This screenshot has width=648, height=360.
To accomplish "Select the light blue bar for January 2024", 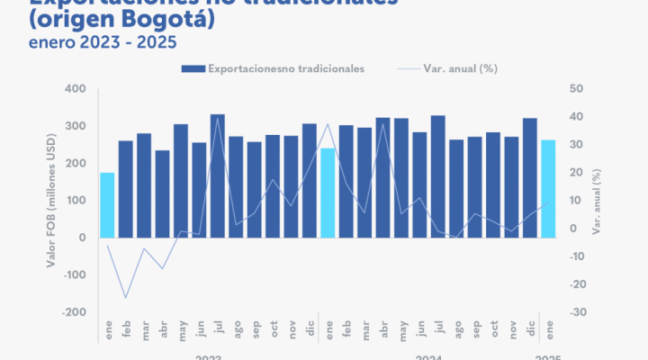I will coord(328,193).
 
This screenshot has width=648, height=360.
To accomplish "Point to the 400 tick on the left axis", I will coord(75,89).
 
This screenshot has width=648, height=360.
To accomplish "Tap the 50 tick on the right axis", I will coord(576,89).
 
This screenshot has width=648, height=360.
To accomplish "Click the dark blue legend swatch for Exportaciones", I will coord(193,67).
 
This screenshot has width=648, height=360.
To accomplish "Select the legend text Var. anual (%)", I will coord(460,67).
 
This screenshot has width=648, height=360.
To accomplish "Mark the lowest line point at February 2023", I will coord(126,297).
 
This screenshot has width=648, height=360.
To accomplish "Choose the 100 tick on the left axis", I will coord(75,200).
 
